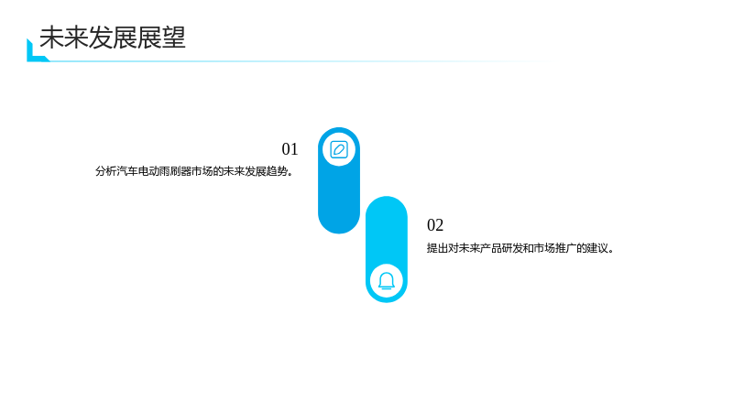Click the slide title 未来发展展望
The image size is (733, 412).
pyautogui.click(x=113, y=38)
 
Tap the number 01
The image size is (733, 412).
pyautogui.click(x=290, y=149)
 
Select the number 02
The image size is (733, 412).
pyautogui.click(x=435, y=225)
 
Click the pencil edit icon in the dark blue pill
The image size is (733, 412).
pyautogui.click(x=339, y=150)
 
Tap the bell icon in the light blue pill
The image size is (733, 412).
pyautogui.click(x=387, y=281)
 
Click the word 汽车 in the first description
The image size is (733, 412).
pyautogui.click(x=127, y=171)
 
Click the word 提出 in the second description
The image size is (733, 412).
pyautogui.click(x=437, y=248)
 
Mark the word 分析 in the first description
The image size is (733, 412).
pyautogui.click(x=106, y=171)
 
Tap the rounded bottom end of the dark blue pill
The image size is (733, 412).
pyautogui.click(x=339, y=223)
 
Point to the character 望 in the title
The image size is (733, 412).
pyautogui.click(x=174, y=38)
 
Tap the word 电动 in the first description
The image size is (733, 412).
pyautogui.click(x=148, y=171)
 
